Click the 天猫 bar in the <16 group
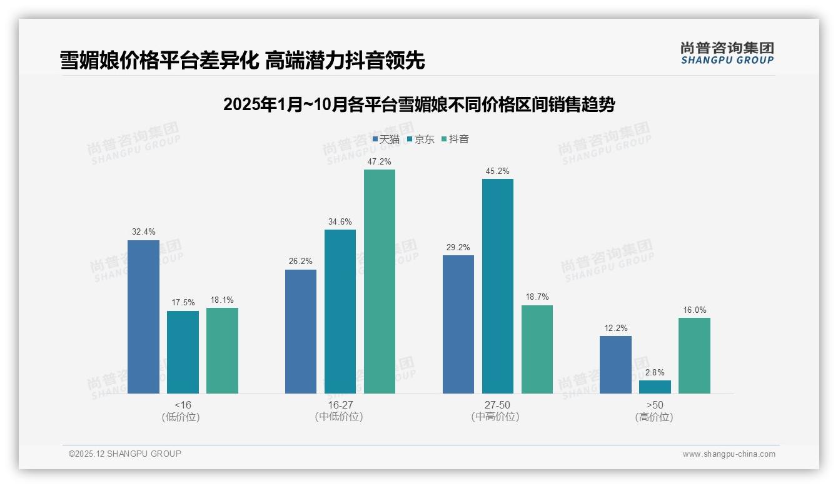pyautogui.click(x=143, y=317)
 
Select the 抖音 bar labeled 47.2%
pyautogui.click(x=380, y=282)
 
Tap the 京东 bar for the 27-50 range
pyautogui.click(x=498, y=286)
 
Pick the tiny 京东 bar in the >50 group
pyautogui.click(x=655, y=387)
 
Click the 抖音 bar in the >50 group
pyautogui.click(x=694, y=355)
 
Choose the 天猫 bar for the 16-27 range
pyautogui.click(x=301, y=332)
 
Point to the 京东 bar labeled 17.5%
pyautogui.click(x=183, y=352)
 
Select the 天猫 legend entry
pyautogui.click(x=386, y=140)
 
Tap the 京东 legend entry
pyautogui.click(x=420, y=140)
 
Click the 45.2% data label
pyautogui.click(x=498, y=171)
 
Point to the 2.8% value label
pyautogui.click(x=655, y=373)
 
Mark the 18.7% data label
pyautogui.click(x=537, y=297)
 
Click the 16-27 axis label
pyautogui.click(x=340, y=405)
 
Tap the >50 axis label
pyautogui.click(x=655, y=405)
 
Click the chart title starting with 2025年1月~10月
pyautogui.click(x=418, y=104)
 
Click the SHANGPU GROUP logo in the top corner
pyautogui.click(x=727, y=53)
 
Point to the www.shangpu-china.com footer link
pyautogui.click(x=729, y=454)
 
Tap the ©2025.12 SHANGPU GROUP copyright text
pyautogui.click(x=125, y=454)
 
